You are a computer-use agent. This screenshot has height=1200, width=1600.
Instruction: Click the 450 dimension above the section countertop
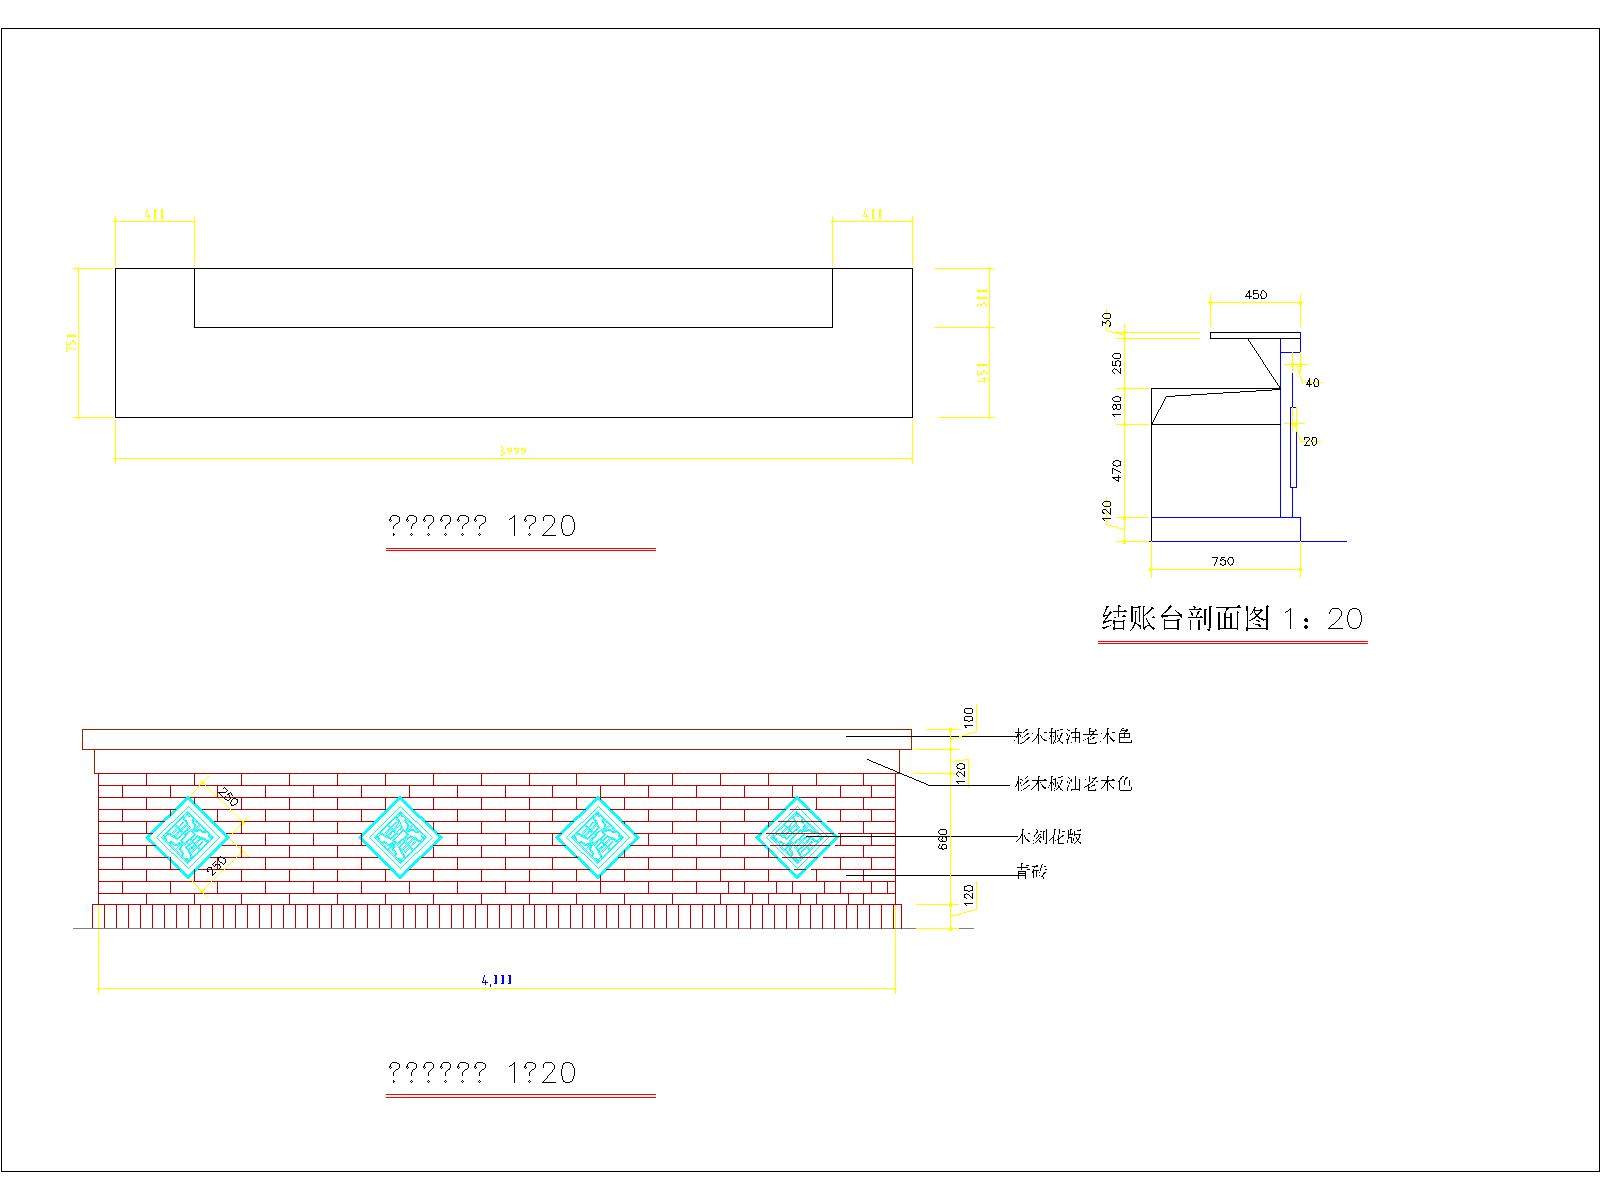pyautogui.click(x=1255, y=295)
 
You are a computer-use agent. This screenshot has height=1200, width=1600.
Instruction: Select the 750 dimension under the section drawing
pyautogui.click(x=1223, y=561)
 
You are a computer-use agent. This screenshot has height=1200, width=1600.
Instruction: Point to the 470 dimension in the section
pyautogui.click(x=1117, y=470)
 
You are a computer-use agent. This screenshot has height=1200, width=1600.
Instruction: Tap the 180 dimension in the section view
pyautogui.click(x=1117, y=405)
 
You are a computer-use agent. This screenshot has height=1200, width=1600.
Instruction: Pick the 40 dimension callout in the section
pyautogui.click(x=1313, y=383)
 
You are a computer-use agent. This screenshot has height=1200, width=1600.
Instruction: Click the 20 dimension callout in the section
pyautogui.click(x=1311, y=441)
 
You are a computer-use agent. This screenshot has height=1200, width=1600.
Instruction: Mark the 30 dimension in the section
pyautogui.click(x=1106, y=319)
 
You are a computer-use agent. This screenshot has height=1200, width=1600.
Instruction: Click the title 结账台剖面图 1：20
pyautogui.click(x=1232, y=619)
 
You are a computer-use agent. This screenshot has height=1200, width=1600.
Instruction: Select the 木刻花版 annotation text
pyautogui.click(x=1049, y=836)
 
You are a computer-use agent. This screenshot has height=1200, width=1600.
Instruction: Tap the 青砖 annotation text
pyautogui.click(x=1031, y=872)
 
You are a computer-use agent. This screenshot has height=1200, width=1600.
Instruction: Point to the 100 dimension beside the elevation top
pyautogui.click(x=968, y=717)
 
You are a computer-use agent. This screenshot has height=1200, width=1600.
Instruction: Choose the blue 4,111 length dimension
pyautogui.click(x=497, y=980)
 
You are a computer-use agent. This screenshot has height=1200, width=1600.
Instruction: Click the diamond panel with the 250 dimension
pyautogui.click(x=187, y=837)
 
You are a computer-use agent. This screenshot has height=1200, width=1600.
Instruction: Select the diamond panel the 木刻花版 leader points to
pyautogui.click(x=796, y=837)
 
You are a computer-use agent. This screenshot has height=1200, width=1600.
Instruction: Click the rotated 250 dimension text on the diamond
pyautogui.click(x=228, y=797)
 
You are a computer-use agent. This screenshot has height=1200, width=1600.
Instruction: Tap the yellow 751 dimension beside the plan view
pyautogui.click(x=71, y=342)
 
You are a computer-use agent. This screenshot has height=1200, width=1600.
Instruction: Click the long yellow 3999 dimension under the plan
pyautogui.click(x=513, y=452)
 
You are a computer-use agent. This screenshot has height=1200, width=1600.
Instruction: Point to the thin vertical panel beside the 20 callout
pyautogui.click(x=1293, y=447)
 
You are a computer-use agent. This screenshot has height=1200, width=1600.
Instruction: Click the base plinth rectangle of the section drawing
pyautogui.click(x=1225, y=529)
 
